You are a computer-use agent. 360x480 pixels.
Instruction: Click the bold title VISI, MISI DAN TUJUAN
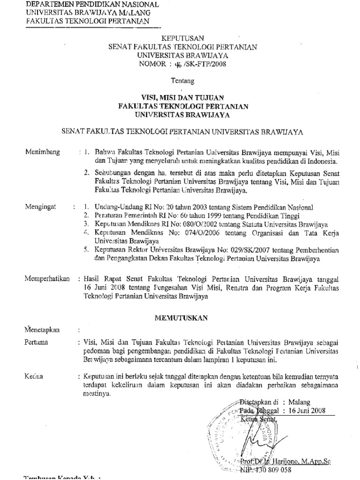coord(183,97)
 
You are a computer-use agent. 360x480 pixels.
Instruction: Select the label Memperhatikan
coord(47,278)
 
